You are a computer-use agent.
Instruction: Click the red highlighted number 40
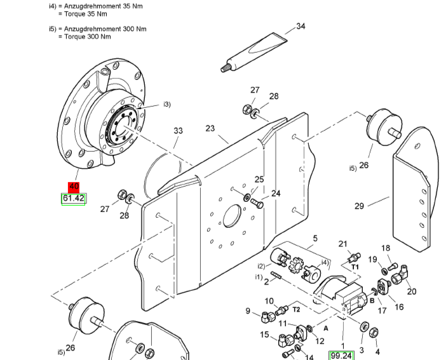click(74, 187)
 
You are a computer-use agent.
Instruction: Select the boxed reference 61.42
click(74, 199)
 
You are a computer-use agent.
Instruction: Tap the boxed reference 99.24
click(341, 356)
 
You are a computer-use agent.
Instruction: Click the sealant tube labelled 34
click(254, 53)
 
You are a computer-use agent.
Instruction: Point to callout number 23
click(210, 128)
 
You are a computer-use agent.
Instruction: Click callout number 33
click(179, 131)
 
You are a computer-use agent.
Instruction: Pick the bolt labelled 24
click(257, 203)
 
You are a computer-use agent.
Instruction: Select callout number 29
click(359, 206)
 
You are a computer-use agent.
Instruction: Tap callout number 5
click(315, 238)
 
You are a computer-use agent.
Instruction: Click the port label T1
click(355, 267)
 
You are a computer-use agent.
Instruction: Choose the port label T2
click(296, 309)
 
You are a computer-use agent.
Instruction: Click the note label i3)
click(166, 104)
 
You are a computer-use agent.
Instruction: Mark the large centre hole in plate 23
click(233, 216)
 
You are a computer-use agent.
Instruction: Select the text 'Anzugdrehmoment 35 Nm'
click(103, 6)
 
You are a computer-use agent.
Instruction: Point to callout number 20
click(412, 291)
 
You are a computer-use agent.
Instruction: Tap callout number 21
click(343, 244)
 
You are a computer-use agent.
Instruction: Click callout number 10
click(269, 301)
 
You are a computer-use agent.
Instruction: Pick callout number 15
click(264, 335)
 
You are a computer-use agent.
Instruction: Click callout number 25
click(259, 179)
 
